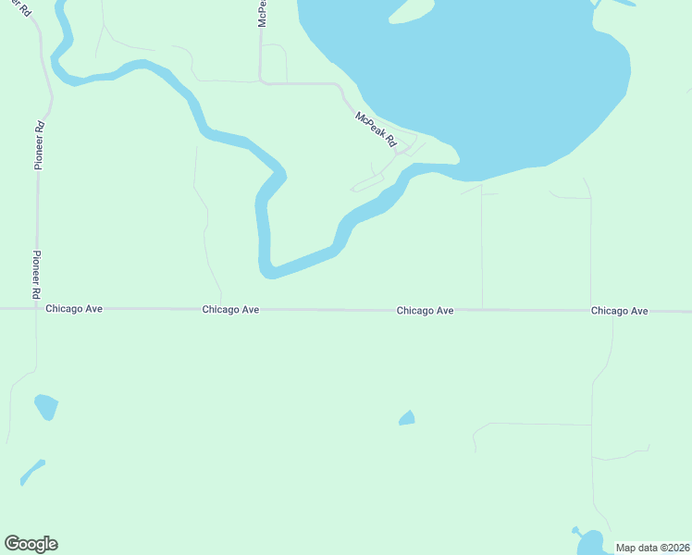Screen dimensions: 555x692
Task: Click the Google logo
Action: [31, 544]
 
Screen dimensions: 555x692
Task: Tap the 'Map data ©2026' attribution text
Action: [651, 547]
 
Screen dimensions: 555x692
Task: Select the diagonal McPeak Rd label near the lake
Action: [376, 129]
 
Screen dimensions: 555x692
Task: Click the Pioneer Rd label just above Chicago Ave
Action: [37, 273]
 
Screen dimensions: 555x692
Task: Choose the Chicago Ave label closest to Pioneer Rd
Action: [74, 310]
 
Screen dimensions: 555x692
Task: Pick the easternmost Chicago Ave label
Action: [619, 311]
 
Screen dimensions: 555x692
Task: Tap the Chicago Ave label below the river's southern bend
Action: [230, 310]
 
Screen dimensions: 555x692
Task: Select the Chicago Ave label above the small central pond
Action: [425, 311]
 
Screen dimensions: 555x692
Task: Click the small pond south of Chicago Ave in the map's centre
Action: [407, 419]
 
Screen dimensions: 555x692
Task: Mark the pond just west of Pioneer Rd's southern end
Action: [45, 406]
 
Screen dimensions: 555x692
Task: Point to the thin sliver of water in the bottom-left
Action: [31, 472]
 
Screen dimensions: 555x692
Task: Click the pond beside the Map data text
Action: [587, 542]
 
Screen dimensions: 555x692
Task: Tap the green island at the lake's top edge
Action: [412, 10]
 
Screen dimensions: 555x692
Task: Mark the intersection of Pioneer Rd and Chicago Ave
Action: [37, 309]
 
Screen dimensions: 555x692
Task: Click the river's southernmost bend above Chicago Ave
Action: [268, 270]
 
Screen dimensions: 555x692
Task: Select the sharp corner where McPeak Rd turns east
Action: [262, 81]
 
